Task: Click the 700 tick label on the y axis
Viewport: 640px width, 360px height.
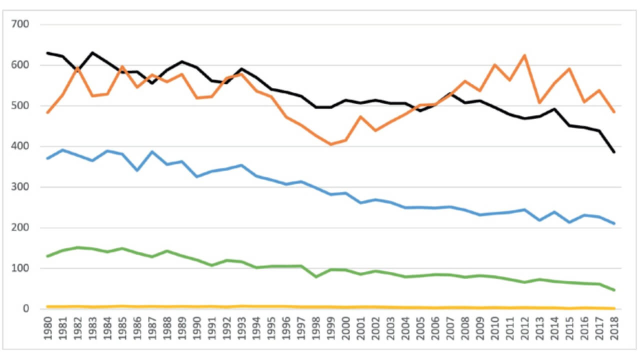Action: click(20, 24)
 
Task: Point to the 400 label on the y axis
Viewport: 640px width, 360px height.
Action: click(20, 146)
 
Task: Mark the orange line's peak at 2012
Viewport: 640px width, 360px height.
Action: click(524, 55)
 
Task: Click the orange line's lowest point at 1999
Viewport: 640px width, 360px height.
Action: click(330, 144)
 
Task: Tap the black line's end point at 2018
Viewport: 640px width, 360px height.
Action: click(613, 152)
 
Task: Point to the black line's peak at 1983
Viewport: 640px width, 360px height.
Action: click(92, 52)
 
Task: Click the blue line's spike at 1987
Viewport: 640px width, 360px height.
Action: click(152, 151)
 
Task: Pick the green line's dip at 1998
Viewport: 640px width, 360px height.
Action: click(315, 276)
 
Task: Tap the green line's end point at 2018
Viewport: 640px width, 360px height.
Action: click(613, 290)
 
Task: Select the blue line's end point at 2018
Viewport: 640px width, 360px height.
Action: click(613, 223)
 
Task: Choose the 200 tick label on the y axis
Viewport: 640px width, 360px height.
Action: click(20, 227)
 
